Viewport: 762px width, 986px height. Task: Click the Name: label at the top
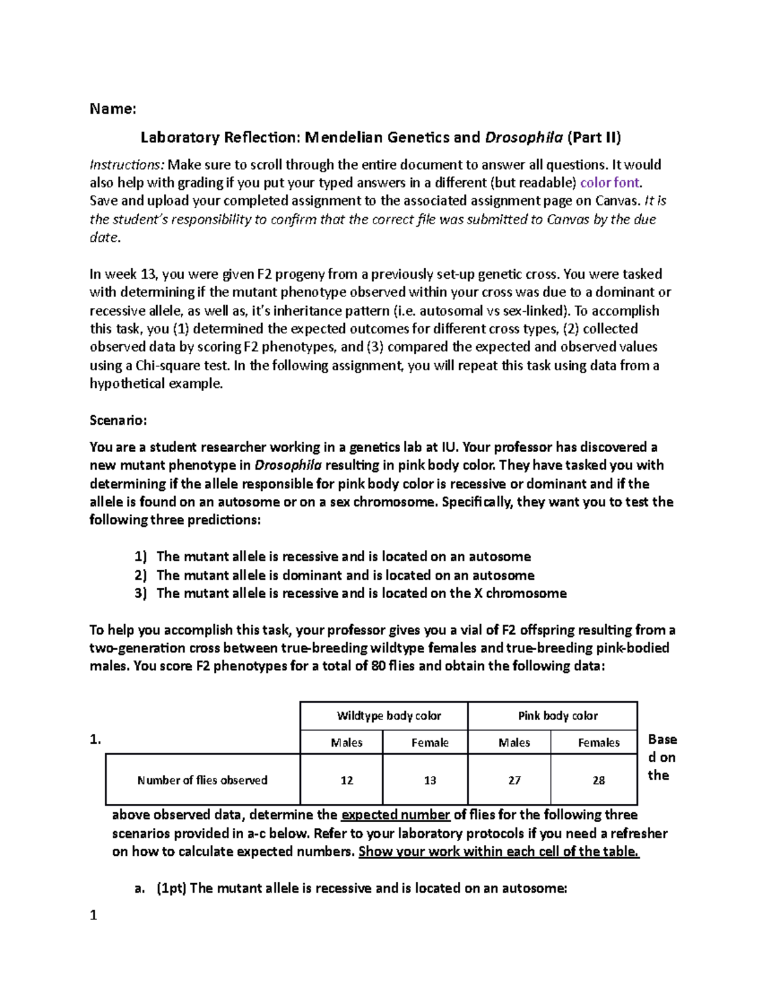(112, 109)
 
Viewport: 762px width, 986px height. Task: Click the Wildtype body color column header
(389, 716)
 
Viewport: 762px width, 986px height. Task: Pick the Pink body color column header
(558, 716)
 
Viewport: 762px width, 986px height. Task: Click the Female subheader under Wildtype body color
(430, 743)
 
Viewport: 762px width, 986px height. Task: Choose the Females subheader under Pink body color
(598, 743)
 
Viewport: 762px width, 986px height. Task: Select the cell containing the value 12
(347, 780)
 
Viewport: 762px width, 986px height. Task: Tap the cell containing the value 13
(430, 780)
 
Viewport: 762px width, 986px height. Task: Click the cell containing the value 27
(514, 780)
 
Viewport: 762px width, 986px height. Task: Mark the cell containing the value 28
(598, 780)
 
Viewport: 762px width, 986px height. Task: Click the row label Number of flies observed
(202, 780)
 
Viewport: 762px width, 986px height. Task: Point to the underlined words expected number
(396, 815)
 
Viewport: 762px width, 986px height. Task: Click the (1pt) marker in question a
(171, 888)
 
